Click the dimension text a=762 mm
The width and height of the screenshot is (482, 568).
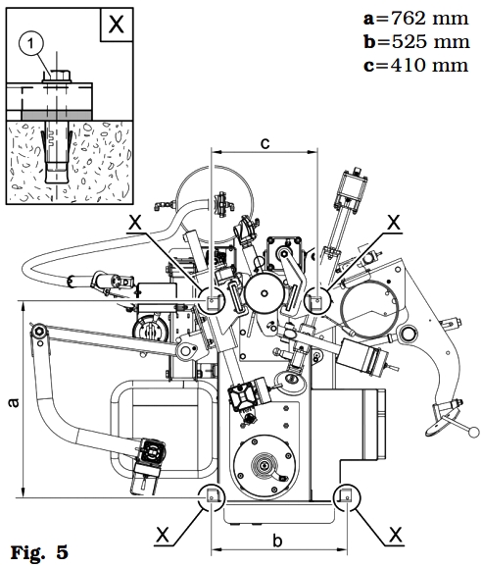pos(416,18)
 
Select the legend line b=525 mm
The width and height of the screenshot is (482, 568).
pos(416,41)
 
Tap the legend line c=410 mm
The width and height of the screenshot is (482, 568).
pos(416,65)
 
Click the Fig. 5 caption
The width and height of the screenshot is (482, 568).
pos(39,552)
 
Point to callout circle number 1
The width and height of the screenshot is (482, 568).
pos(30,44)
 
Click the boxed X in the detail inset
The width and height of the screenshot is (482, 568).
pos(117,25)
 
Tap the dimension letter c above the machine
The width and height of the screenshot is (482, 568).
pos(265,143)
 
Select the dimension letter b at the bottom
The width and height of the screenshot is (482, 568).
pos(277,541)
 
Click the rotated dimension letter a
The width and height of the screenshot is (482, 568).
pos(14,403)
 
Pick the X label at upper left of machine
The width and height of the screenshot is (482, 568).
pos(135,223)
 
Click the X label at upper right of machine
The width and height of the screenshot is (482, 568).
pos(394,223)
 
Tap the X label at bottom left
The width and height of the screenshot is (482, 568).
pos(163,535)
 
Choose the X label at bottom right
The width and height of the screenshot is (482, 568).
pos(396,535)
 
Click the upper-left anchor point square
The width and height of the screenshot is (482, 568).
pos(212,300)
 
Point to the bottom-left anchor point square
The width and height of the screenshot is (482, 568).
pos(212,495)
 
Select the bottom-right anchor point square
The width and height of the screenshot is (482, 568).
pos(347,495)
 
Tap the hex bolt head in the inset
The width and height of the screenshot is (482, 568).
pos(57,77)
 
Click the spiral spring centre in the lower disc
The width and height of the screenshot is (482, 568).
pos(265,465)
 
